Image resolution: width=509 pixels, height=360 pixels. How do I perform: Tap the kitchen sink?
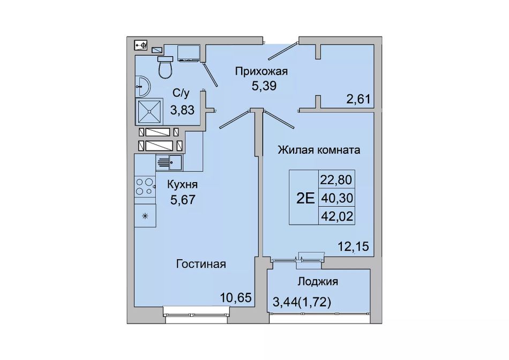[x=169, y=162]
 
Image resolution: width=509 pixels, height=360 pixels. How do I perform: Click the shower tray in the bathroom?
[x=149, y=111]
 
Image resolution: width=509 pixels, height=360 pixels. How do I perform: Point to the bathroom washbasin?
[x=142, y=86]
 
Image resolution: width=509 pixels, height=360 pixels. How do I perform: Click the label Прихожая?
[x=261, y=71]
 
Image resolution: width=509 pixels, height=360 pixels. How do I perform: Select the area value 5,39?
[x=264, y=86]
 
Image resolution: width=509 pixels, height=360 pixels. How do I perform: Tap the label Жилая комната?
[x=319, y=150]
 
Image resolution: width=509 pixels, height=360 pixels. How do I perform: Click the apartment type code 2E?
[x=305, y=198]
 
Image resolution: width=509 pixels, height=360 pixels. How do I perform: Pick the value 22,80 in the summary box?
[x=336, y=179]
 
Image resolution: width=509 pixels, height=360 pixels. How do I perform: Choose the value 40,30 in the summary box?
[x=336, y=198]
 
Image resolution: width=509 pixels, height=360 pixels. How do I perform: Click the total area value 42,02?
[x=336, y=216]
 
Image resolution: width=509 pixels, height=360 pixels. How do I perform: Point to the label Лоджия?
[x=318, y=281]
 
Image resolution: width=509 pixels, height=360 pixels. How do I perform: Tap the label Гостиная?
[x=201, y=264]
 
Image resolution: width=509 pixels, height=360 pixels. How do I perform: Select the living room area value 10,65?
[x=236, y=297]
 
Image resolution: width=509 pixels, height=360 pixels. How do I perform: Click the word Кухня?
[x=182, y=184]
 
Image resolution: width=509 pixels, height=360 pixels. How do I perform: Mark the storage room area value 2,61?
[x=358, y=99]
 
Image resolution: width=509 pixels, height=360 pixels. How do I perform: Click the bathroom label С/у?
[x=181, y=94]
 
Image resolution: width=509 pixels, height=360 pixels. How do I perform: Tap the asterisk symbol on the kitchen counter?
[x=145, y=215]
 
